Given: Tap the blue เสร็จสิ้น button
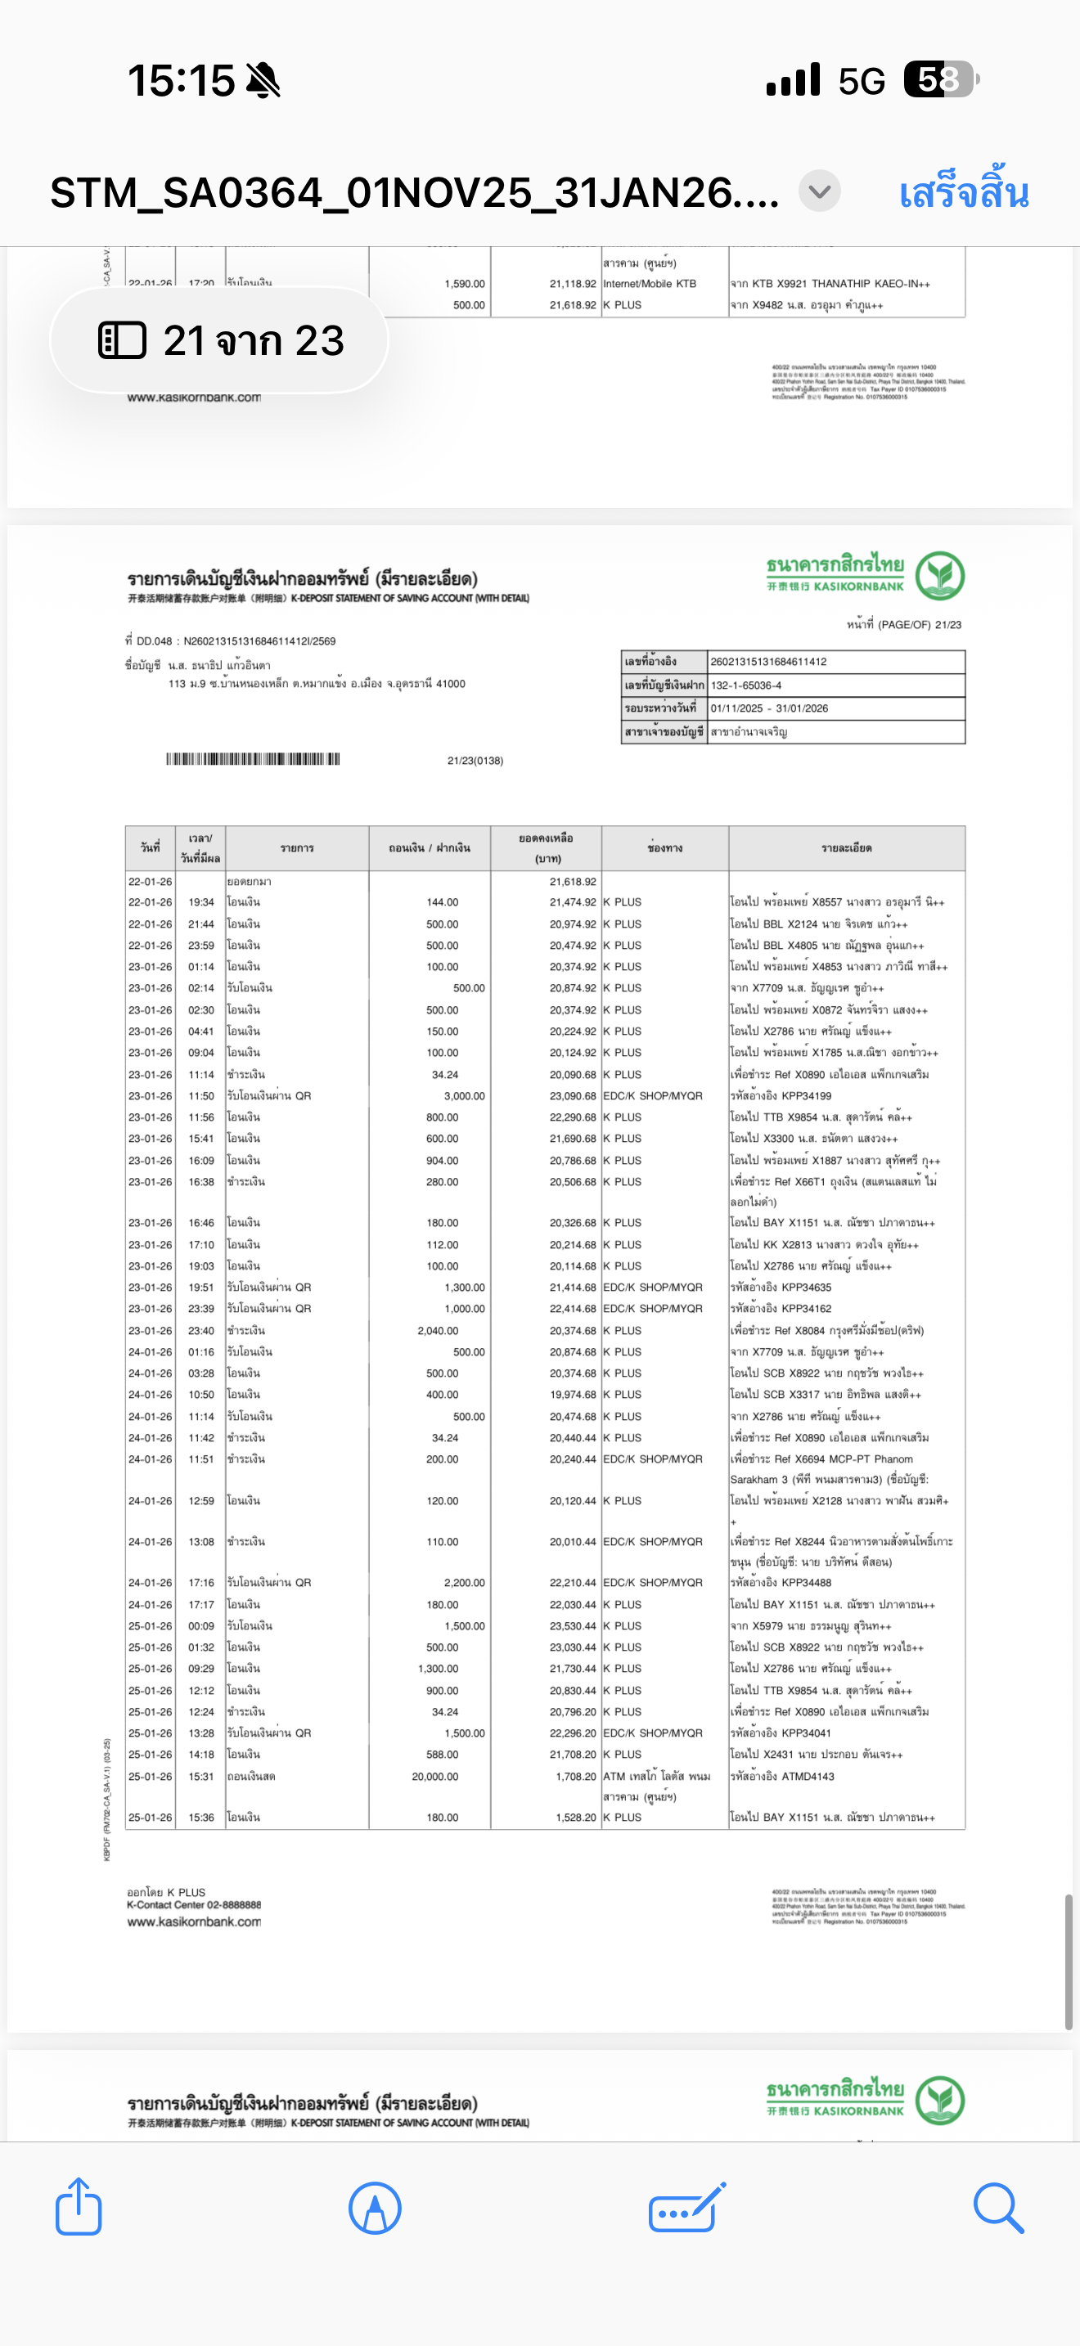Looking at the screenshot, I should (964, 194).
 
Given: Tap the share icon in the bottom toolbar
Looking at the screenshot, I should (79, 2207).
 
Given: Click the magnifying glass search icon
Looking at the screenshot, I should (998, 2208).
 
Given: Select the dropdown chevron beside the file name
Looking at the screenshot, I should (820, 192).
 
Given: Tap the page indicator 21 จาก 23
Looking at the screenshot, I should (220, 340).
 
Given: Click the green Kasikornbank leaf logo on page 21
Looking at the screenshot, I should (940, 576).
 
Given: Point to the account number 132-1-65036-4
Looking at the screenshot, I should (746, 685).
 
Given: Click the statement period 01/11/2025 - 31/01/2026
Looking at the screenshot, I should (769, 708).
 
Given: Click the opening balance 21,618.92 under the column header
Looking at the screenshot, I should (573, 882).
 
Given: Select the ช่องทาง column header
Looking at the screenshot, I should (664, 848).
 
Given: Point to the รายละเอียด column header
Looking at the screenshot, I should (846, 848).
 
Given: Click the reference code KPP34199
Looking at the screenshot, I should (806, 1095).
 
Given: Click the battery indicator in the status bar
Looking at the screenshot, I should (940, 79).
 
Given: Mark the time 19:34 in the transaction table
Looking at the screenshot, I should (201, 902).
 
